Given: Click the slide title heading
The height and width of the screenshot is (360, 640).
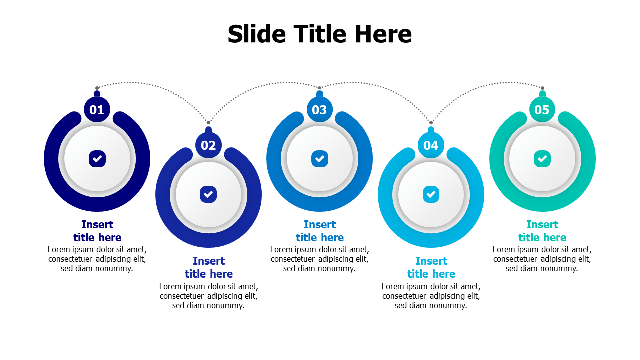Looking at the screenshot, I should coord(320,34).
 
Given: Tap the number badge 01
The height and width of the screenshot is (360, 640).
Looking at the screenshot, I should coord(97,110).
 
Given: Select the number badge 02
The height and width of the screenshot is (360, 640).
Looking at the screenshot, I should coord(208,145).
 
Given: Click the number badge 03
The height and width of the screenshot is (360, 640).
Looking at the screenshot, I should coord(319,110).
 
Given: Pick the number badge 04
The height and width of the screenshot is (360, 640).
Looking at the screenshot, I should coord(431,145).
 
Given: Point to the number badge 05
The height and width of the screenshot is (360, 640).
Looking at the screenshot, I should coord(542,110).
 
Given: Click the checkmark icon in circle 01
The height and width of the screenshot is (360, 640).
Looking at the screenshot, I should coord(97,159).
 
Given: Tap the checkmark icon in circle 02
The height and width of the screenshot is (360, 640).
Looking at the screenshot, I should coord(208,194).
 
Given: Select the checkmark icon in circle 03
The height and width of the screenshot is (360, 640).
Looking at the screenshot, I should coord(320,159).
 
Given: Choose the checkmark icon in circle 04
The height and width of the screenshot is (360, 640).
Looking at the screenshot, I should coord(431,194).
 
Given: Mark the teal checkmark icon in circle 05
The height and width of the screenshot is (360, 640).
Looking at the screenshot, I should coord(542,159).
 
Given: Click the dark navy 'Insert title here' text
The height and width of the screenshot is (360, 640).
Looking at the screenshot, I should coord(97,231).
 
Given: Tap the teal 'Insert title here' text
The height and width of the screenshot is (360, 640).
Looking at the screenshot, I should coord(542,231).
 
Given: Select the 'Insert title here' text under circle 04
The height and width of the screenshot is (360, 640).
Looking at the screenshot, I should coord(431,267).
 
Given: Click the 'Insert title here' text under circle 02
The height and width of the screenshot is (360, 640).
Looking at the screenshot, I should coord(209,267).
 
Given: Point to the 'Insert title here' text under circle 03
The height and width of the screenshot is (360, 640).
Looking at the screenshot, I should coord(320,231).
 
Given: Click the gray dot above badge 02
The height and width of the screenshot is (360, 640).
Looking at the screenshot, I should coord(208,122).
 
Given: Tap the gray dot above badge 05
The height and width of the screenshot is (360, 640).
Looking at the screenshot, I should coord(542,88).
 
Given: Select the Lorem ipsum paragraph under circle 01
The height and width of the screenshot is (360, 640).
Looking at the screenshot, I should coord(97,259).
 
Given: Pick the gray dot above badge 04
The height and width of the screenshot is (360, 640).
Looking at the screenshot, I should coord(431,122).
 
